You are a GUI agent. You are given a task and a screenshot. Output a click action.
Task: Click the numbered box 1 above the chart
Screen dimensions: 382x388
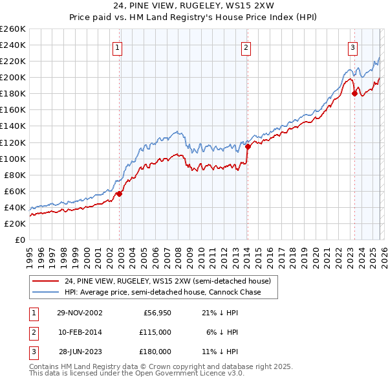click(x=118, y=47)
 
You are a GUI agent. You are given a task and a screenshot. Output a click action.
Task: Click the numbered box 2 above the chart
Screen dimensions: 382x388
click(x=246, y=47)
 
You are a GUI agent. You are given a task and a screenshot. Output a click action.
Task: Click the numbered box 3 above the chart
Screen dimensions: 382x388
click(x=352, y=47)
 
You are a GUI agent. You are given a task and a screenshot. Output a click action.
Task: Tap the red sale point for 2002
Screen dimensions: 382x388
click(x=120, y=193)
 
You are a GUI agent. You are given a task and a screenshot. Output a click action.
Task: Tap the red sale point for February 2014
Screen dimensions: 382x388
click(x=248, y=146)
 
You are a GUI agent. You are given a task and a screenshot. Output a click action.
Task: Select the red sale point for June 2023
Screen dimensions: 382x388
click(x=354, y=93)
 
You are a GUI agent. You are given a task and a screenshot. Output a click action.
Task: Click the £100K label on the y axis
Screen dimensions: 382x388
click(x=13, y=159)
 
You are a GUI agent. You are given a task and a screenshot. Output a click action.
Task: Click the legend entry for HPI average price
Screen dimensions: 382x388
click(x=162, y=292)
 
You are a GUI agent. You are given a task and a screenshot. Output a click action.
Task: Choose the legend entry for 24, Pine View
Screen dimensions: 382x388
click(x=171, y=281)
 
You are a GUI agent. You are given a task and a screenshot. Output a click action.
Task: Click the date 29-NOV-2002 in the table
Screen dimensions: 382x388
click(x=80, y=313)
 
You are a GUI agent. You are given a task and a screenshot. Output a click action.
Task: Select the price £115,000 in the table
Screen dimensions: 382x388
click(x=155, y=332)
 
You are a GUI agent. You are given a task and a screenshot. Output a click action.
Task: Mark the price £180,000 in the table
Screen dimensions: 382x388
click(x=155, y=352)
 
